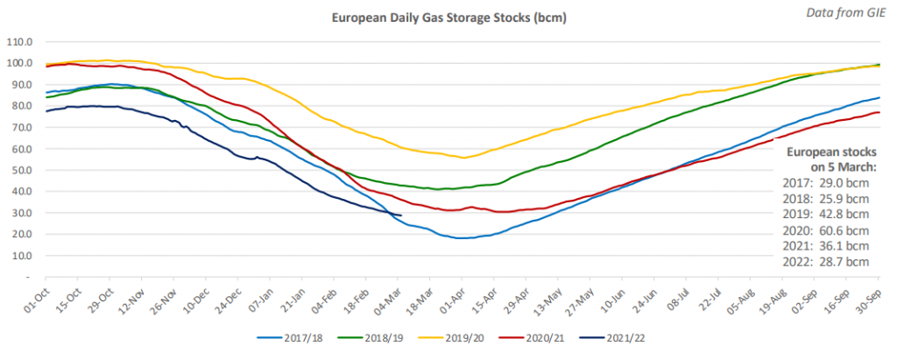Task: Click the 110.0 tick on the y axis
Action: click(x=19, y=42)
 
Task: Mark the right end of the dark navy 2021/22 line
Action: click(x=401, y=215)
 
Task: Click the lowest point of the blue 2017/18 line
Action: click(x=459, y=238)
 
